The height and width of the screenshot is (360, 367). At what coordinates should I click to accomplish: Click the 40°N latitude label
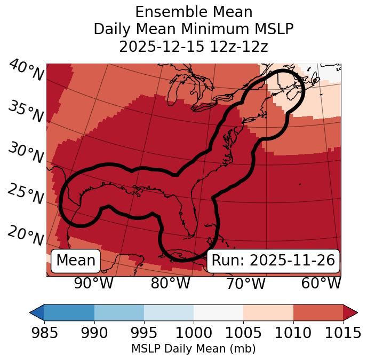[26, 71]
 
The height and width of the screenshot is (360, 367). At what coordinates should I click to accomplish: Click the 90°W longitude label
[94, 284]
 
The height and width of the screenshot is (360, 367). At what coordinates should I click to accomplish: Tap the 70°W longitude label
[246, 284]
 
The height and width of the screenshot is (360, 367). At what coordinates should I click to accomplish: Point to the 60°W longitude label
[321, 284]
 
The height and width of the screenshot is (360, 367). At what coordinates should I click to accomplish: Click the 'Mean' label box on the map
[76, 261]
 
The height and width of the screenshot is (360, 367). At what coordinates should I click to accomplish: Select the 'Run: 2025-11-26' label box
[273, 261]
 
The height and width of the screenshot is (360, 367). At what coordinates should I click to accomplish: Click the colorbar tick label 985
[44, 333]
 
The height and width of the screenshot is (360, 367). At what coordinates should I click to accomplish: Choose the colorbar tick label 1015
[342, 333]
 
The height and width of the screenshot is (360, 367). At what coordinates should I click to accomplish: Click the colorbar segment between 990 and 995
[119, 312]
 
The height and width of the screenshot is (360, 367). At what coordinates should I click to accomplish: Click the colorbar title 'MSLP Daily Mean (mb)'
[193, 349]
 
